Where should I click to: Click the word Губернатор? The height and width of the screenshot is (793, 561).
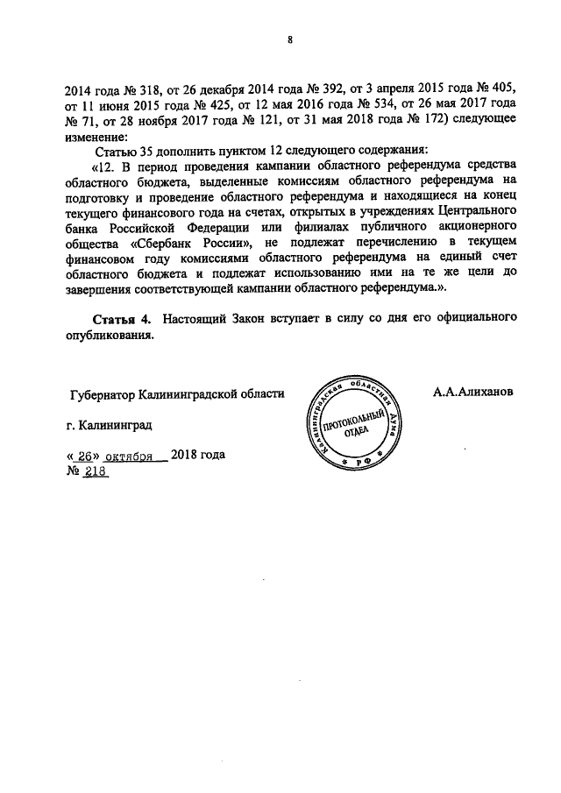[x=103, y=395]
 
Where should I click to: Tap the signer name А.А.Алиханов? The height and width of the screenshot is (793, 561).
[x=471, y=392]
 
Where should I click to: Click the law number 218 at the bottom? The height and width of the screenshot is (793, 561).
[x=94, y=471]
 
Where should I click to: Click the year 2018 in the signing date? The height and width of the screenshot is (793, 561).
[x=187, y=456]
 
